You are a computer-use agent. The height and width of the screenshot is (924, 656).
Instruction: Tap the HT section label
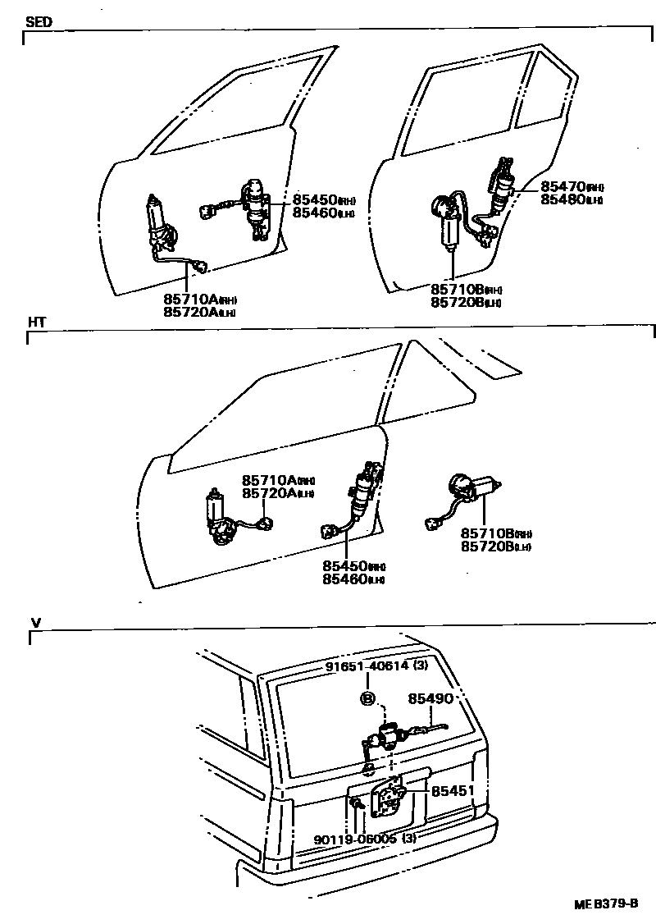[37, 322]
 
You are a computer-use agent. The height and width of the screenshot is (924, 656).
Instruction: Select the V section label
[35, 623]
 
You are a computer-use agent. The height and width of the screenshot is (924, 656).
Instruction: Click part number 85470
[561, 186]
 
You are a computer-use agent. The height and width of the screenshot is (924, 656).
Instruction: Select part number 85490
[430, 698]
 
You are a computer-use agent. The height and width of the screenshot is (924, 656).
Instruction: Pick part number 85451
[453, 791]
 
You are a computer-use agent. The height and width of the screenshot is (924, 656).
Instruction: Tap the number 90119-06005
[358, 839]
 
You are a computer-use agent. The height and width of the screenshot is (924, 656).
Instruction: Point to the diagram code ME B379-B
[606, 903]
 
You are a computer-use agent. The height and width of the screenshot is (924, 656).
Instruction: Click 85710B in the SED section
[455, 290]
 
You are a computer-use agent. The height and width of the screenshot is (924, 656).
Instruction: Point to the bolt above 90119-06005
[358, 808]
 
